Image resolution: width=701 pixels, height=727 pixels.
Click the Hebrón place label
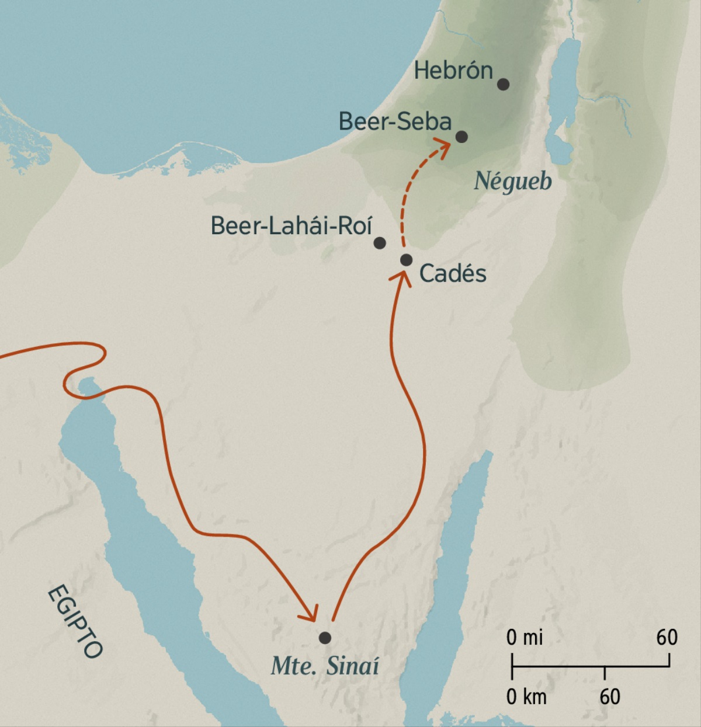pos(453,71)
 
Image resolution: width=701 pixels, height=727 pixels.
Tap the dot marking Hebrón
pos(503,84)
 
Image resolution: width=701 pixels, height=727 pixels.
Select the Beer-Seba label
pos(395,121)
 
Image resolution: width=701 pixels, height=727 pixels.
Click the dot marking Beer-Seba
pos(461,137)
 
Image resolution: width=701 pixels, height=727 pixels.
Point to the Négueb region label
pos(512,181)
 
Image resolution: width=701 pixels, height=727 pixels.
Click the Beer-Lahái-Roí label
pos(291,226)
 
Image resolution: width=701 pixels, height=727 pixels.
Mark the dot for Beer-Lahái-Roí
pos(380,242)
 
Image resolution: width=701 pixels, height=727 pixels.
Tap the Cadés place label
pos(453,273)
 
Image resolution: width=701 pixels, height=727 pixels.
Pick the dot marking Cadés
pos(407,260)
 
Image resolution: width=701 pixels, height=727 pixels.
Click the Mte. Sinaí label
pos(325,666)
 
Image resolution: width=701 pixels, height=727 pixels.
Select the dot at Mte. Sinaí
pos(325,638)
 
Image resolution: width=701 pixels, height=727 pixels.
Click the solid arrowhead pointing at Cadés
pos(400,276)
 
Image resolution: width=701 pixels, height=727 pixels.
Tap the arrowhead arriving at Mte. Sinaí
pos(310,613)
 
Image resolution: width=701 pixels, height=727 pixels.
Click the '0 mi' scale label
pos(525,637)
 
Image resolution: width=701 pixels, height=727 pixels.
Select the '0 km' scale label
pos(526,697)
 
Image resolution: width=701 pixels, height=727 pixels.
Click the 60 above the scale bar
pos(667,637)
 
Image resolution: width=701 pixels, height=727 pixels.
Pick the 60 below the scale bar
pos(609,697)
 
